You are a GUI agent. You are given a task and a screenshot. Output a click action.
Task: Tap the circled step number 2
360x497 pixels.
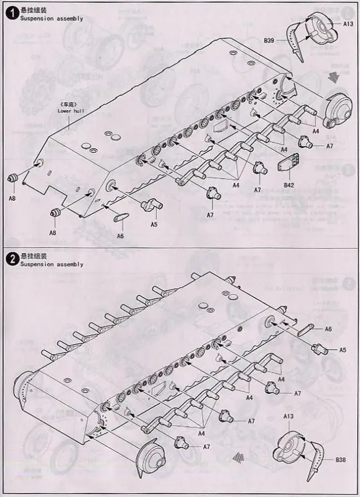pos(11,259)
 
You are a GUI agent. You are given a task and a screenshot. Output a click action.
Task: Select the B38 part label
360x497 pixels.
pos(340,460)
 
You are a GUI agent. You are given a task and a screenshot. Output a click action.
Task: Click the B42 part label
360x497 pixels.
pos(289,184)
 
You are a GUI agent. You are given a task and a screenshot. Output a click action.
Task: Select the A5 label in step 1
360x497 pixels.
pos(154,224)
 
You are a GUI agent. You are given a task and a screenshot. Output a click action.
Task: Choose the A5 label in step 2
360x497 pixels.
pos(343,349)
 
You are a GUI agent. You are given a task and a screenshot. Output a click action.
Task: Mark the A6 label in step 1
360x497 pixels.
pos(120,236)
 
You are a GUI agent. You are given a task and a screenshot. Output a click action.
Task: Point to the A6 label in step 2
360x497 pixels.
pos(328,329)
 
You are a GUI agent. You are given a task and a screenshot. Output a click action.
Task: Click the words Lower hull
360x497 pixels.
pos(70,111)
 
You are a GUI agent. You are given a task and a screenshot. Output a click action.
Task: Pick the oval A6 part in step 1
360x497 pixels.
pos(120,218)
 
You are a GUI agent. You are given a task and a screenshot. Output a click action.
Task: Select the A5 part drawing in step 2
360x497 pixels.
pos(320,349)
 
